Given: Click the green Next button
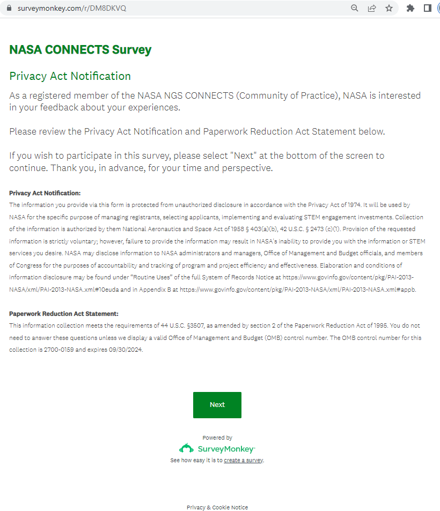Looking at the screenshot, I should [x=217, y=405].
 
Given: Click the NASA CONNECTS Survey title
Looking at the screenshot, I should [x=80, y=50].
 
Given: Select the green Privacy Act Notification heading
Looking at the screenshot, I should [x=70, y=76].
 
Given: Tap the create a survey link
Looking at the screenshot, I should [x=243, y=460].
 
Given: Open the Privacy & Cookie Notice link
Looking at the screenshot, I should [x=217, y=507].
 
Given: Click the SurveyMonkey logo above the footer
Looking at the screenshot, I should [x=217, y=448].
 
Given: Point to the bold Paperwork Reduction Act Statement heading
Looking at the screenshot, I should [x=64, y=314].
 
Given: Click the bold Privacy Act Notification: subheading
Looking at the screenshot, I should [x=45, y=193].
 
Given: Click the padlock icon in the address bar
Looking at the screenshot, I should [x=9, y=9].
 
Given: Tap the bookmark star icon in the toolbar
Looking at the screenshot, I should [x=389, y=8].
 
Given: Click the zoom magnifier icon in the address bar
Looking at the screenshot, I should [x=355, y=8].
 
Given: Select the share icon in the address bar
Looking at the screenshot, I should [x=372, y=8].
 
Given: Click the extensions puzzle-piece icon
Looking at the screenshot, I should [x=410, y=8].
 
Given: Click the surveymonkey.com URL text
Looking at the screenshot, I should [x=71, y=9].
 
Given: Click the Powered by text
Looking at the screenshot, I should [x=217, y=438].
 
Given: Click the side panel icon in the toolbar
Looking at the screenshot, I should [x=428, y=8].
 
